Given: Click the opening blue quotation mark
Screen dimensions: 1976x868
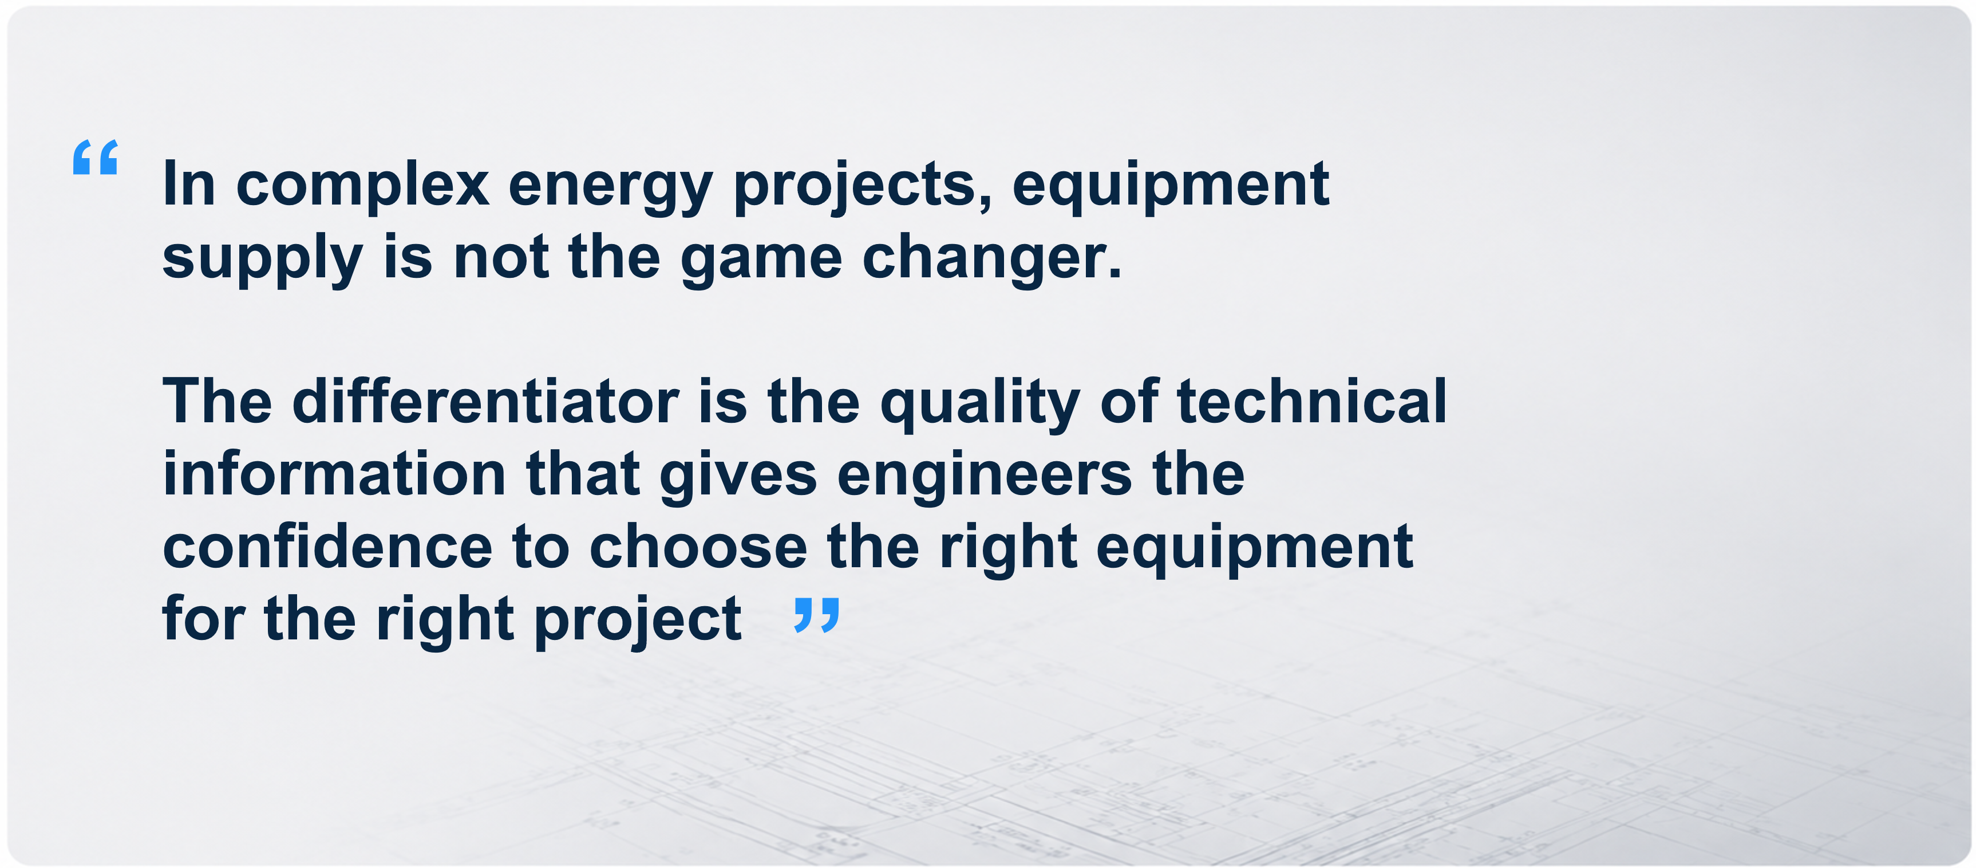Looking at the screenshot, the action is [x=95, y=158].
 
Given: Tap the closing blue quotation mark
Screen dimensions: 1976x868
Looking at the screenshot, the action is [x=817, y=615].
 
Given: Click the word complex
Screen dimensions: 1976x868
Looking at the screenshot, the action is [x=362, y=186].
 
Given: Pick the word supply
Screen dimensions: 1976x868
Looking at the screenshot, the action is [x=262, y=258].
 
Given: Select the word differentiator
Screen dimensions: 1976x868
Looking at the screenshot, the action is [x=485, y=400].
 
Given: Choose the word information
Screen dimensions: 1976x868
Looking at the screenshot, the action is [x=334, y=473].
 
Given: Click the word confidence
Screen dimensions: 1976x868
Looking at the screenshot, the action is [x=327, y=545].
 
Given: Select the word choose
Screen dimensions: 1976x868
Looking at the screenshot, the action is [x=698, y=545].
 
